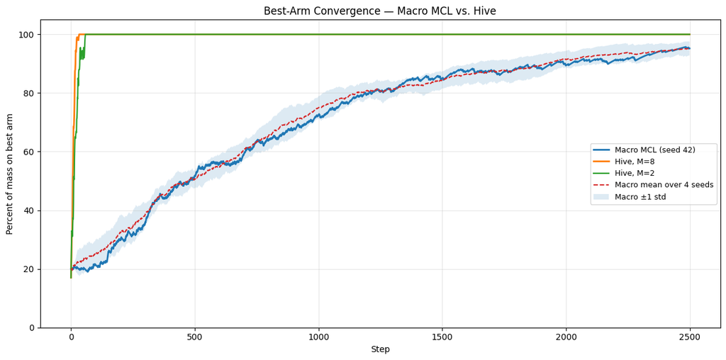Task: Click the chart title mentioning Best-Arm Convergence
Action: click(x=380, y=11)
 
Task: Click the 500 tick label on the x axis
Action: click(x=195, y=337)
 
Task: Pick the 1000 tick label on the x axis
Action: click(x=318, y=337)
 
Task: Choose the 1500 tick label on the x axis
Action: click(x=442, y=337)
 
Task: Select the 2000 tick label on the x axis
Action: click(x=566, y=337)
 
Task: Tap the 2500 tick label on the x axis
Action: click(x=690, y=337)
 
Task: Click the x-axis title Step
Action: click(x=380, y=350)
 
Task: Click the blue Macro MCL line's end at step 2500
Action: click(x=690, y=48)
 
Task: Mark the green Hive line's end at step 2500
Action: click(x=690, y=34)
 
